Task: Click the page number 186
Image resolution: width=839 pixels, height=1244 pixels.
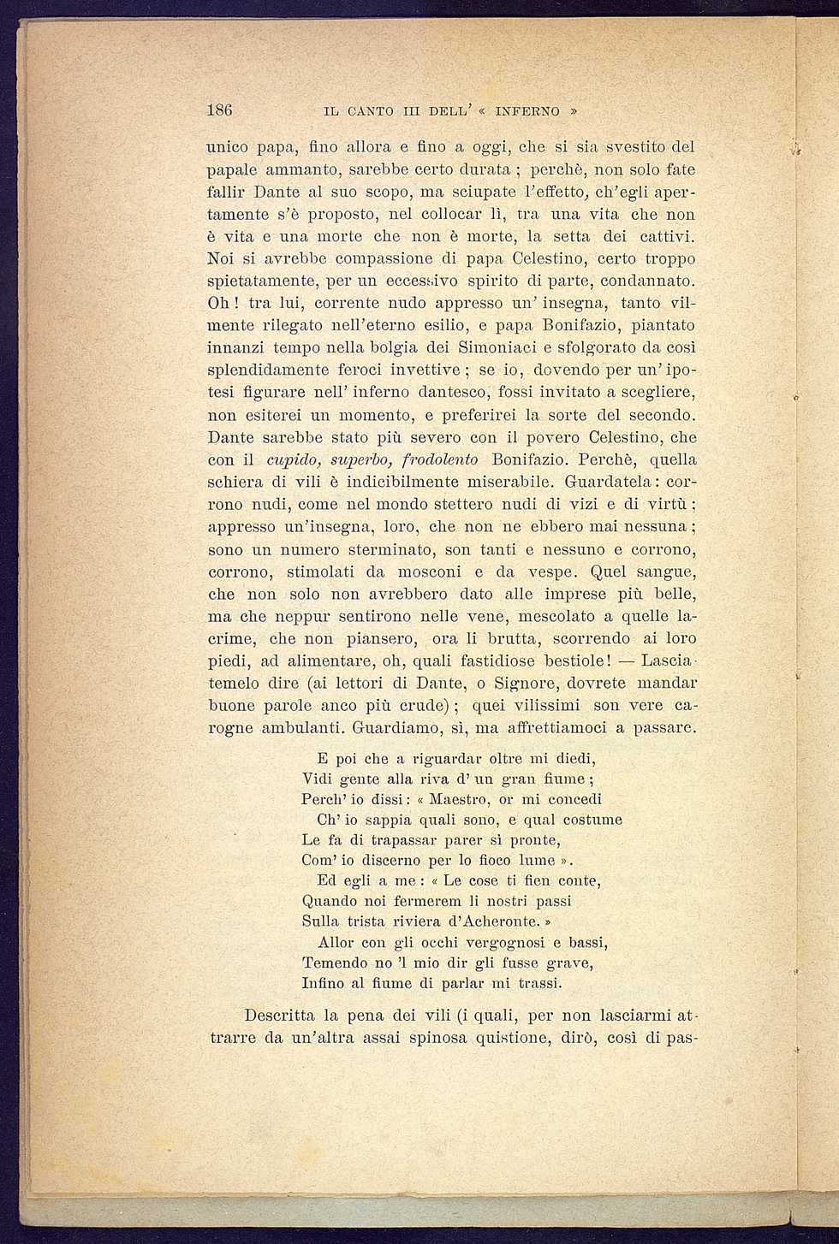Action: coord(220,110)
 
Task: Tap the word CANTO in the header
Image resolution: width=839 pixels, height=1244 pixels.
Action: coord(372,111)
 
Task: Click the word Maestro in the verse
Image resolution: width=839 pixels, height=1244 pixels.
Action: coord(458,799)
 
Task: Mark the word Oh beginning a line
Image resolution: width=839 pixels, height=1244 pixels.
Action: coord(219,303)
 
